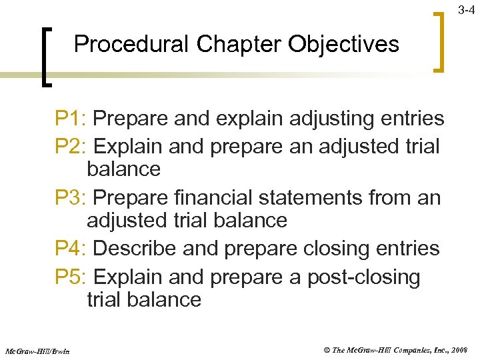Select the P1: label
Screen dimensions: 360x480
click(x=71, y=119)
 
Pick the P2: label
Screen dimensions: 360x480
click(x=71, y=145)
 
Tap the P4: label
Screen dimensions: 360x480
click(x=71, y=249)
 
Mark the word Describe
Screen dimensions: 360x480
click(x=137, y=249)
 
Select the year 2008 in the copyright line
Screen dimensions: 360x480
click(x=459, y=349)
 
